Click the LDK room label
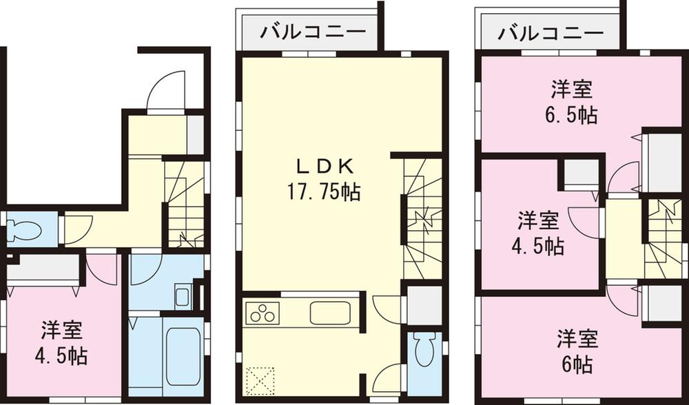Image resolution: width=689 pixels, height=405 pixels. click(325, 166)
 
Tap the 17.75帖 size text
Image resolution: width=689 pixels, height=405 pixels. click(325, 191)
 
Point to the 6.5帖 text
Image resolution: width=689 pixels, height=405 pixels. click(573, 114)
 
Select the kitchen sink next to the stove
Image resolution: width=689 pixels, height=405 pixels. click(329, 313)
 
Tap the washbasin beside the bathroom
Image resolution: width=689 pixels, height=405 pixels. click(182, 297)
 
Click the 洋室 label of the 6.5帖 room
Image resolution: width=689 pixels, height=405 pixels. click(573, 90)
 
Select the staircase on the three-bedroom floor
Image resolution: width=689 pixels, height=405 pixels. click(664, 238)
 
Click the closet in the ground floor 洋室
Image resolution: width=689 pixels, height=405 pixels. click(43, 267)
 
